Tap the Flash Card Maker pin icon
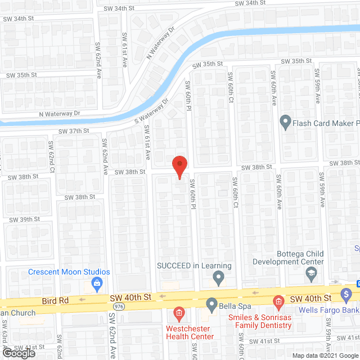[x=285, y=121]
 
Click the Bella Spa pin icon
[x=211, y=305]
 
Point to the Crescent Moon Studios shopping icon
[x=97, y=282]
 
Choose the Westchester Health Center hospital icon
[x=179, y=312]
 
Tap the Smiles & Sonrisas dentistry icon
[x=277, y=303]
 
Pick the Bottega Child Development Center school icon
[x=311, y=273]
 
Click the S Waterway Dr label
[x=152, y=112]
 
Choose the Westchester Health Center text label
[x=190, y=332]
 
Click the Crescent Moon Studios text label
[x=69, y=272]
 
